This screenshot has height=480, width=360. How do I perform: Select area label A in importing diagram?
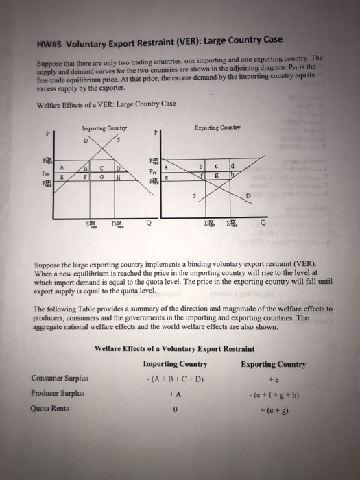tap(62, 167)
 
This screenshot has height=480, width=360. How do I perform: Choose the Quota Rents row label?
tap(50, 409)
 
